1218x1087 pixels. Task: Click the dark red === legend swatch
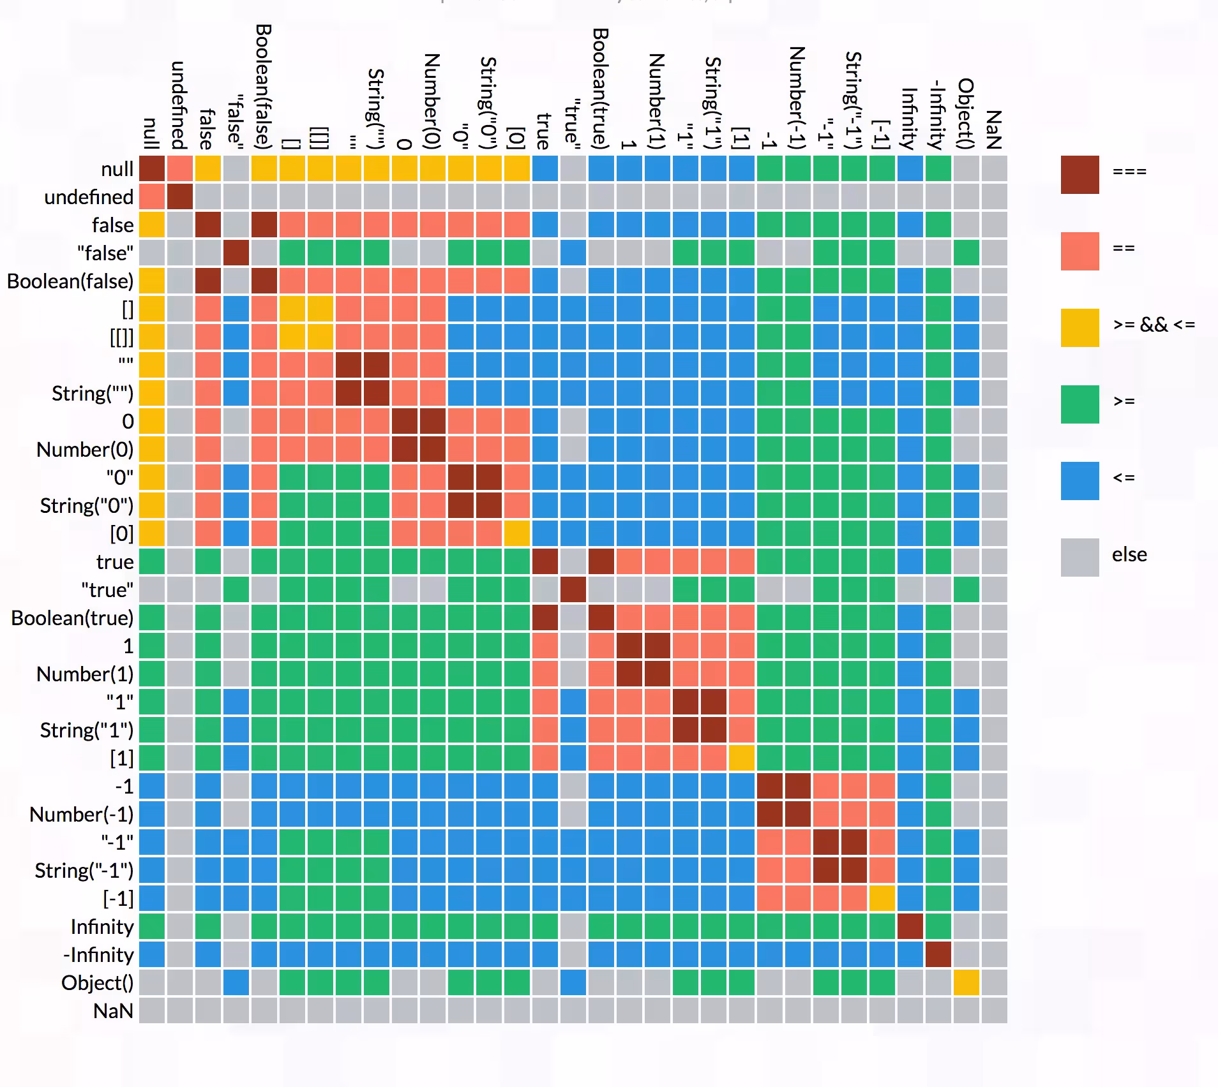click(x=1079, y=174)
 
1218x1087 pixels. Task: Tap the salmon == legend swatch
click(x=1079, y=251)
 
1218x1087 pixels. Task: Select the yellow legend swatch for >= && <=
click(x=1079, y=327)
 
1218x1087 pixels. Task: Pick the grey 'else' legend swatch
click(x=1079, y=557)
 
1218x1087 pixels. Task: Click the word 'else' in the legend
click(x=1129, y=554)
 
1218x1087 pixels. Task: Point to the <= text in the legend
click(x=1124, y=478)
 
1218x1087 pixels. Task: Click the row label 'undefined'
click(x=89, y=197)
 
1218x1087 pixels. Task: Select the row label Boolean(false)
click(x=70, y=281)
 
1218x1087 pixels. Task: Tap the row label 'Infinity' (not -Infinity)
click(x=102, y=927)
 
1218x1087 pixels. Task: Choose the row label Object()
click(x=97, y=983)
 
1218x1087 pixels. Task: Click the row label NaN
click(x=113, y=1011)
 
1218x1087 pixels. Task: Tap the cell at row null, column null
click(x=152, y=168)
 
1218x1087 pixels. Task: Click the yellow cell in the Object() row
click(x=966, y=982)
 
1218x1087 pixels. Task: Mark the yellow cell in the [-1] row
click(x=882, y=898)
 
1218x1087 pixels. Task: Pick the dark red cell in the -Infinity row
click(x=938, y=954)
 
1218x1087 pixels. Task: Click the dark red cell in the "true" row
click(x=573, y=589)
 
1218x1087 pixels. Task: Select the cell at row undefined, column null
click(x=152, y=196)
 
